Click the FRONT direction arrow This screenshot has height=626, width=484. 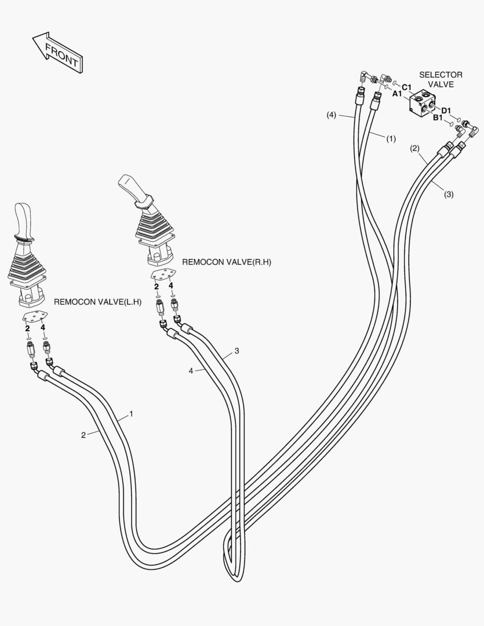coord(57,52)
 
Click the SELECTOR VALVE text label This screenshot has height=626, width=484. coord(441,79)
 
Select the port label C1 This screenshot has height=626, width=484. coord(407,87)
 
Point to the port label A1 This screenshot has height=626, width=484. coord(398,93)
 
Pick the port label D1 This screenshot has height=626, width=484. coord(446,111)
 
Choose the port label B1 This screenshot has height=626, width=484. coord(439,118)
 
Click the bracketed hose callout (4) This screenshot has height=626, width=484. coord(331,115)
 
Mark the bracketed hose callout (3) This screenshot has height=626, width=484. coord(449,194)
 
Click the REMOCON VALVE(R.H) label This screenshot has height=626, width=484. coord(227,262)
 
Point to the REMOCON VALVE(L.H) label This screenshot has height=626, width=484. coord(97,301)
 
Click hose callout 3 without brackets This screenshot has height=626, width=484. coord(236,351)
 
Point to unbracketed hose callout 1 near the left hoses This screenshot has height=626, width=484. coord(131,414)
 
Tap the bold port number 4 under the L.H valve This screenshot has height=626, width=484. coord(43,328)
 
